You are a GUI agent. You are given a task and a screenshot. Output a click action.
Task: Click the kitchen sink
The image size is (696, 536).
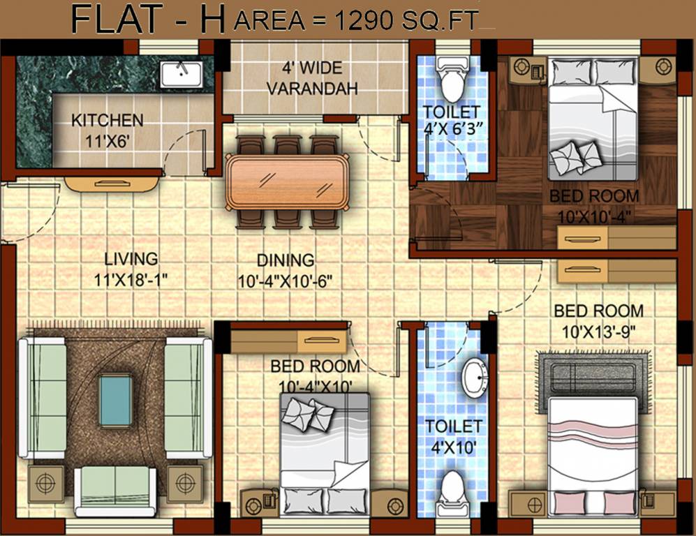tap(181, 74)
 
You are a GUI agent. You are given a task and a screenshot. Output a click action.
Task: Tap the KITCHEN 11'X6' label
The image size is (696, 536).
tap(107, 129)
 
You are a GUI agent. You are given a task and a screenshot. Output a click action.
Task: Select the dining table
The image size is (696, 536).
tap(287, 181)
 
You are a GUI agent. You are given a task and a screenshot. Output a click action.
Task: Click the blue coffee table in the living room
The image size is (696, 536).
tap(115, 400)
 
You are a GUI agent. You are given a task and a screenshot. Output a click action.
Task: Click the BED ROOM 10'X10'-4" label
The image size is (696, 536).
tap(594, 205)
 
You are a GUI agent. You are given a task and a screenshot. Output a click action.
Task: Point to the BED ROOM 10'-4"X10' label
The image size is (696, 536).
tap(316, 375)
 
